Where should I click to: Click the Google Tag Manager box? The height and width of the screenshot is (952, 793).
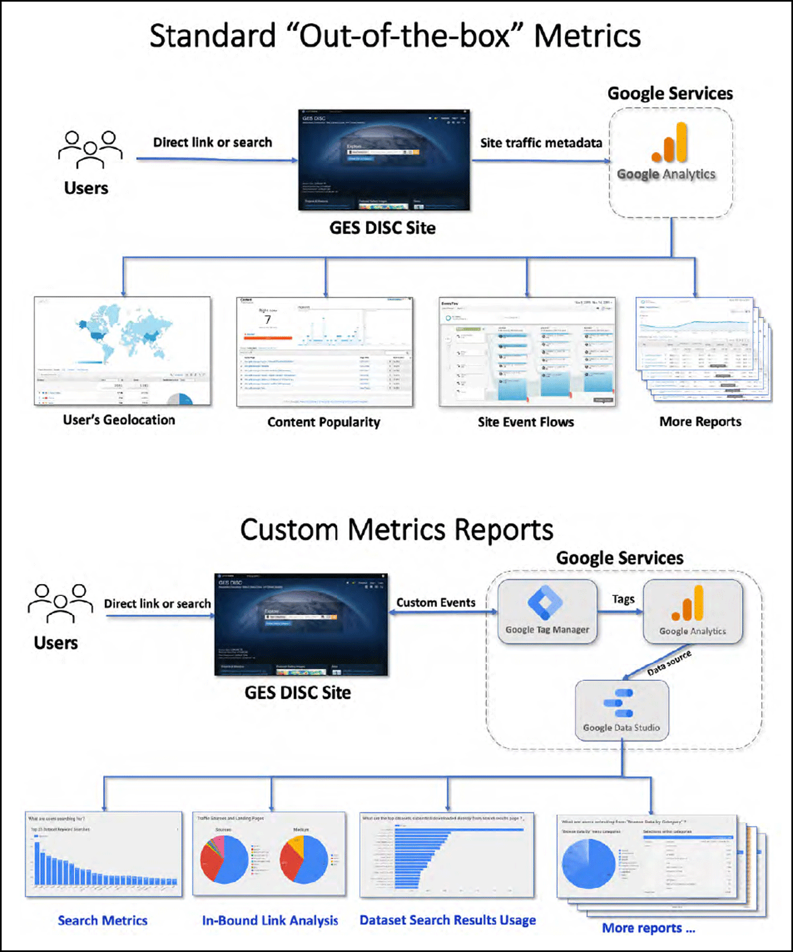(x=547, y=611)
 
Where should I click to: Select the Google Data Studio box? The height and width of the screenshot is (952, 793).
(x=621, y=710)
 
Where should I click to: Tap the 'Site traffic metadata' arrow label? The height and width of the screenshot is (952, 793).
(x=541, y=143)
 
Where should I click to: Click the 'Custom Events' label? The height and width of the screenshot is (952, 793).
(x=436, y=603)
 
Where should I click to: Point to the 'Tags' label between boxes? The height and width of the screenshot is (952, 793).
(x=623, y=599)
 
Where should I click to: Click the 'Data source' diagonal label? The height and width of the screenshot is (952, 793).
(x=669, y=663)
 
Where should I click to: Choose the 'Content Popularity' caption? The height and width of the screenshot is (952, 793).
(x=324, y=422)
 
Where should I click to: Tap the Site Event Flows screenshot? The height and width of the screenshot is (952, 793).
(x=527, y=351)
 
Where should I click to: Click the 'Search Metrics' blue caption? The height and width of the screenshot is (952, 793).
(x=102, y=920)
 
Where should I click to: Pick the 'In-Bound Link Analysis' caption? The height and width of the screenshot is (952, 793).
(x=270, y=920)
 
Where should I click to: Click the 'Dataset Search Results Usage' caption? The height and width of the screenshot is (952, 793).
(x=447, y=920)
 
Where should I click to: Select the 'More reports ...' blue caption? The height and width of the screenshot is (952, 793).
(x=648, y=928)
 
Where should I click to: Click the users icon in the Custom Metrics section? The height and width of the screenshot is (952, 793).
(x=60, y=603)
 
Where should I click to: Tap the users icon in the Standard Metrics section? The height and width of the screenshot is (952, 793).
(x=90, y=149)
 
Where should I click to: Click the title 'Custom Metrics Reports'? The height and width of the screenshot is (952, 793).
(x=397, y=530)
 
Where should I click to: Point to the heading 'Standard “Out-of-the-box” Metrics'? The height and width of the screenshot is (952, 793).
(x=395, y=36)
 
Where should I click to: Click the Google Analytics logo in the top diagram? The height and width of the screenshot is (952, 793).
(x=669, y=144)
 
